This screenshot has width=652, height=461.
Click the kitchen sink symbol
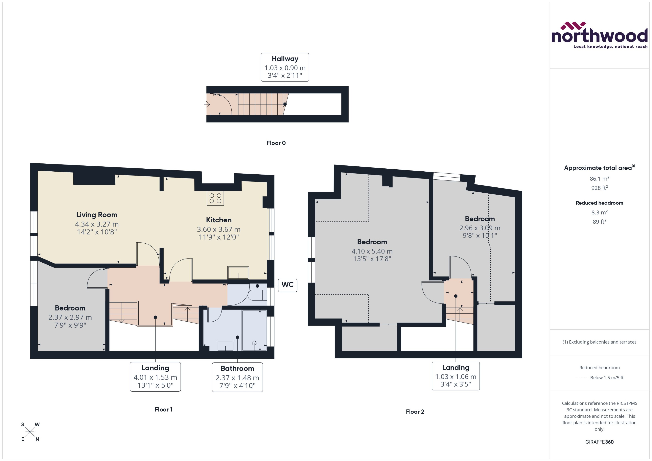[x=238, y=273]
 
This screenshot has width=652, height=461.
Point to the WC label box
[x=287, y=285]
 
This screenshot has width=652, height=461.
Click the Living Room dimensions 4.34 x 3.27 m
[x=97, y=224]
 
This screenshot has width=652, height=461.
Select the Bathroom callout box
[x=237, y=377]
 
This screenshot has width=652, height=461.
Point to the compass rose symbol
[x=30, y=432]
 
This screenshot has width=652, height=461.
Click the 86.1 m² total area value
[x=599, y=178]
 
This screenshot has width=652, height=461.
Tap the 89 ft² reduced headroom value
[x=599, y=222]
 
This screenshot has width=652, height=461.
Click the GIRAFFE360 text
[x=599, y=442]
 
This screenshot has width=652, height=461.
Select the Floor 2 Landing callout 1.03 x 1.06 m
[x=455, y=376]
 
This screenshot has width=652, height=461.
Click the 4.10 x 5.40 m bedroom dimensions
[x=372, y=251]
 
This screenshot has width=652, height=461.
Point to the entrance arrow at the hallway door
[x=207, y=104]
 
